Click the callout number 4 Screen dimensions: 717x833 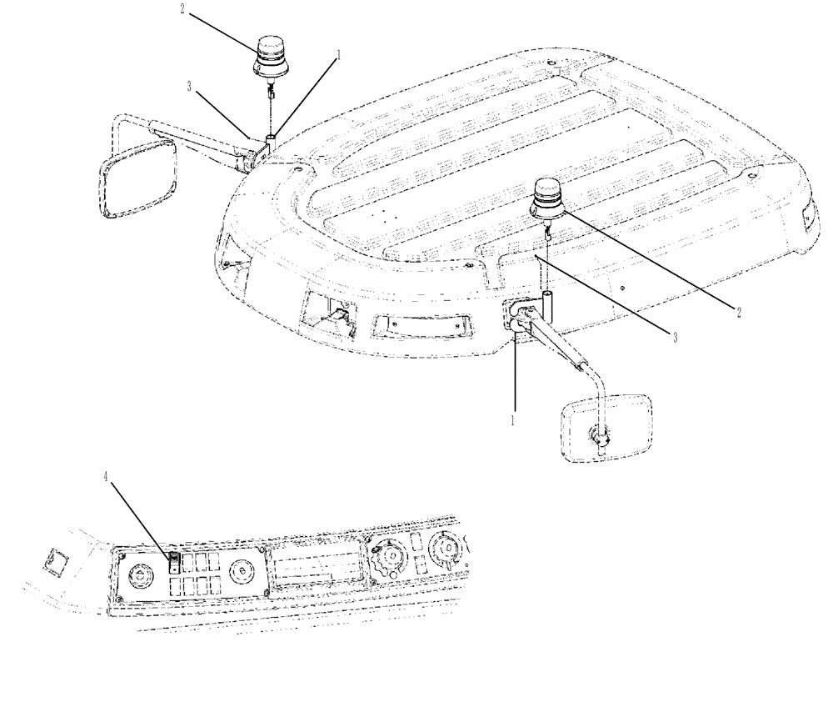(106, 478)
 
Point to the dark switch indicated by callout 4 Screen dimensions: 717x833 (174, 564)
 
